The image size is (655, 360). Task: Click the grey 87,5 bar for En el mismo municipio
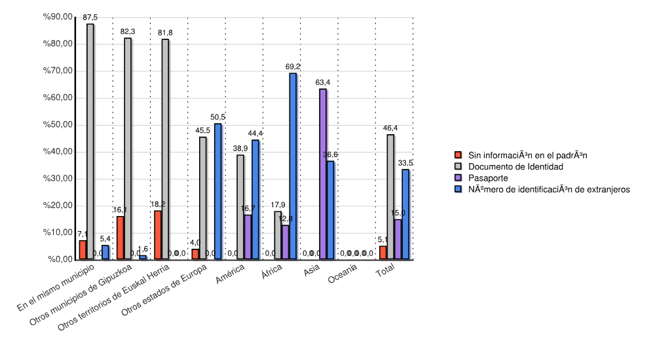pos(90,141)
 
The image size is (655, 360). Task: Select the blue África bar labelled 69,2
pos(293,166)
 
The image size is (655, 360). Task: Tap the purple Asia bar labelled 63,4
pos(323,174)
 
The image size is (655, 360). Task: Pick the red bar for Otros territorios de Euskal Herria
pos(157,235)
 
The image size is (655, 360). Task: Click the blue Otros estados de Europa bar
pos(217,192)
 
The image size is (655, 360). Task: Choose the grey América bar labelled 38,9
pos(240,207)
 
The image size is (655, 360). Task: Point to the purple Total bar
pos(398,240)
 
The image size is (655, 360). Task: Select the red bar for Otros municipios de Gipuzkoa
pos(120,238)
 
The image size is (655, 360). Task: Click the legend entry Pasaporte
pos(487,178)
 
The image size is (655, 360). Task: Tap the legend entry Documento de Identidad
pos(515,167)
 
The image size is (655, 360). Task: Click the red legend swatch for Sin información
pos(458,155)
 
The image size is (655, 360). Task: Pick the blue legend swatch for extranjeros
pos(458,189)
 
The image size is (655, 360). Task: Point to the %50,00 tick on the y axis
pos(58,125)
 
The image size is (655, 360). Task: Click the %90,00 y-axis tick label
pos(58,17)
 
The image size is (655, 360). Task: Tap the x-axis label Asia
pos(312,270)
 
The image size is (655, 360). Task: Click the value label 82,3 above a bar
pos(128,31)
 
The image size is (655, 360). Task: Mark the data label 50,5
pos(217,117)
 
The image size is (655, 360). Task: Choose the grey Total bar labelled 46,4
pos(390,196)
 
